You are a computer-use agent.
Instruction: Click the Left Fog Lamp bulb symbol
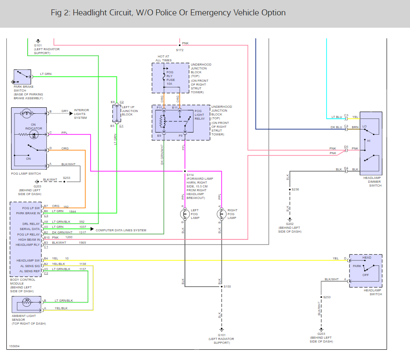[185, 214]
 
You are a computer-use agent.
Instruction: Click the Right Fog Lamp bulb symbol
[221, 214]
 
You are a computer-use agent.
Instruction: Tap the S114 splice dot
[185, 171]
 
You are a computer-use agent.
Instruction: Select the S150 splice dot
[221, 286]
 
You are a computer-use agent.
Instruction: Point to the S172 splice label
[180, 50]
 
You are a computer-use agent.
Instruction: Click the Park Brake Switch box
[22, 77]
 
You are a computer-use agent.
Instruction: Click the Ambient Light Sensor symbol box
[26, 304]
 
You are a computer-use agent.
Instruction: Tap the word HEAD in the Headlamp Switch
[367, 258]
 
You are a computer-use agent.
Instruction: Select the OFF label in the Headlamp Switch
[366, 275]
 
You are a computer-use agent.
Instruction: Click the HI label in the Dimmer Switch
[369, 141]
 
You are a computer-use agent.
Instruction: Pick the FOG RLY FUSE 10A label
[170, 78]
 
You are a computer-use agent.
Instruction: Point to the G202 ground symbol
[290, 219]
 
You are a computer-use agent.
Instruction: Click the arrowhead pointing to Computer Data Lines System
[92, 229]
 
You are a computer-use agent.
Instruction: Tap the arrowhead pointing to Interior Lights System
[71, 114]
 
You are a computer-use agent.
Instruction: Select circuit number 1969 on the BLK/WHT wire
[82, 242]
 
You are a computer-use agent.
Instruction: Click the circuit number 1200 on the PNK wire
[69, 237]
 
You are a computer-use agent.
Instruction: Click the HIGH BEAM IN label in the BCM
[29, 240]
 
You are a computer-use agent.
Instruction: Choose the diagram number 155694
[14, 346]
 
